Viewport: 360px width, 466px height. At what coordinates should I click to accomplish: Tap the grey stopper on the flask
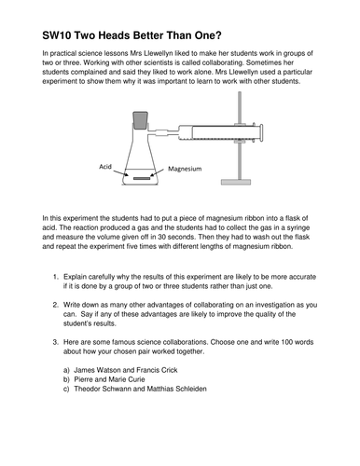pyautogui.click(x=140, y=120)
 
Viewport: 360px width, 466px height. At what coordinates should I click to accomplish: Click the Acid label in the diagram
pyautogui.click(x=105, y=167)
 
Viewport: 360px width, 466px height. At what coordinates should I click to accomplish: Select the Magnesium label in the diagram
pyautogui.click(x=185, y=169)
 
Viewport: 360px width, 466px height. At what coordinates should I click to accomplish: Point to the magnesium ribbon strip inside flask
pyautogui.click(x=142, y=178)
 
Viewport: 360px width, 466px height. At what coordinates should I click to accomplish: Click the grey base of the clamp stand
pyautogui.click(x=236, y=182)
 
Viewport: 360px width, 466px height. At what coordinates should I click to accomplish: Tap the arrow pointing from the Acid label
pyautogui.click(x=120, y=172)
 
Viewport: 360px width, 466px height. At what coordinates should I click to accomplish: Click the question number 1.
pyautogui.click(x=56, y=277)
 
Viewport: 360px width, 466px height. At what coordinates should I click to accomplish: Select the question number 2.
pyautogui.click(x=56, y=305)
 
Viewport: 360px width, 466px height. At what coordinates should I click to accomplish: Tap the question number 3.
pyautogui.click(x=56, y=342)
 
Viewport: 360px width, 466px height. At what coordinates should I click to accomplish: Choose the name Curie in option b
pyautogui.click(x=135, y=379)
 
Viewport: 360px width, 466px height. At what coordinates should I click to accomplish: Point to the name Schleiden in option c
pyautogui.click(x=191, y=389)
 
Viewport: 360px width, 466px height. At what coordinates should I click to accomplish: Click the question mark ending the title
pyautogui.click(x=218, y=35)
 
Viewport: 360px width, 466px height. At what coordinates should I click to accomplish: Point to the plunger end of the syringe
pyautogui.click(x=261, y=132)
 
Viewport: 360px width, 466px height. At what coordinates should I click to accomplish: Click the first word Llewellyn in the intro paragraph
pyautogui.click(x=159, y=53)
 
